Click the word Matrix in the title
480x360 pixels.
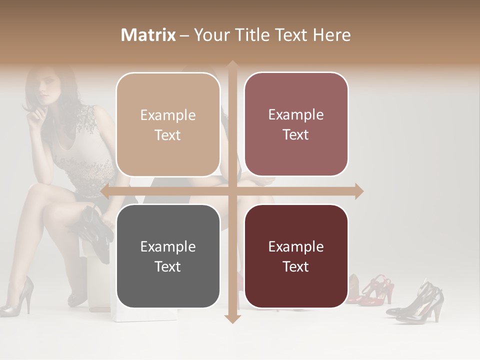pyautogui.click(x=148, y=35)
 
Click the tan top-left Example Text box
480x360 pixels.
pyautogui.click(x=168, y=124)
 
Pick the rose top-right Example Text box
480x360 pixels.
pyautogui.click(x=296, y=124)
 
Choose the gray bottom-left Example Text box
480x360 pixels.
pyautogui.click(x=168, y=256)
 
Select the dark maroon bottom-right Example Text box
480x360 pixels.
pyautogui.click(x=296, y=256)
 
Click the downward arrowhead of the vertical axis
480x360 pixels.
pyautogui.click(x=232, y=318)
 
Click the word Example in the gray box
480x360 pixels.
pyautogui.click(x=168, y=246)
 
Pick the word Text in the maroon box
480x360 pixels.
pyautogui.click(x=296, y=266)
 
